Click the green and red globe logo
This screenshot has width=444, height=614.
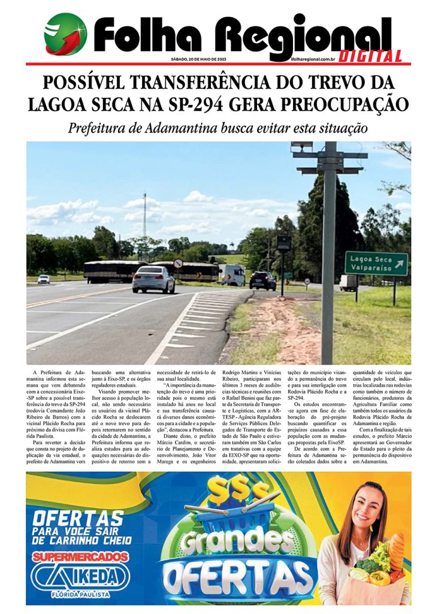(x=65, y=34)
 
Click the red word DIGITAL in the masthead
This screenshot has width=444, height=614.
(x=370, y=56)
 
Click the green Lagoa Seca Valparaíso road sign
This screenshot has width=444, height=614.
(x=376, y=264)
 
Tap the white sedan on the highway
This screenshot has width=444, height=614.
(x=153, y=279)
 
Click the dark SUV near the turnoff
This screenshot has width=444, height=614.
(x=262, y=280)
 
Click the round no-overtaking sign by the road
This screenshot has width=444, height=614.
(x=177, y=263)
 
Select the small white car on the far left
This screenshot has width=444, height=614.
(x=44, y=279)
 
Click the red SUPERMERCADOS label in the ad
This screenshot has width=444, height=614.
(x=81, y=556)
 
